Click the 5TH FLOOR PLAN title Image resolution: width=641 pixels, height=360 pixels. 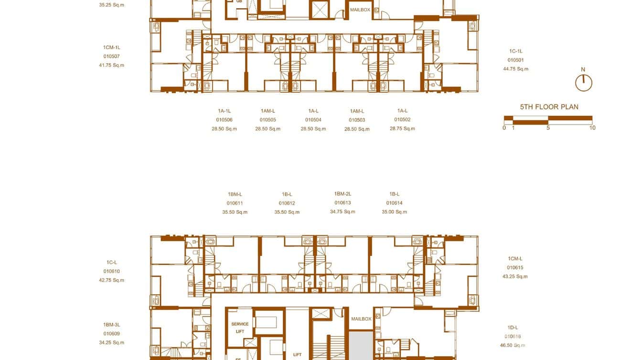(x=549, y=107)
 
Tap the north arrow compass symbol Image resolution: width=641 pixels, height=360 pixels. (x=583, y=83)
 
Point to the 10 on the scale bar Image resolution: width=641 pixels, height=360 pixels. (x=592, y=128)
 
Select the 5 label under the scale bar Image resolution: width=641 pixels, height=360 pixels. (x=548, y=128)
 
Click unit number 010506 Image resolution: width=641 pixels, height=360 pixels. (x=224, y=120)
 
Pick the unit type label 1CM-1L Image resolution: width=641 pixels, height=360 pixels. (x=111, y=48)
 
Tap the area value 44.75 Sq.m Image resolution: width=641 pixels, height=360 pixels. (x=516, y=69)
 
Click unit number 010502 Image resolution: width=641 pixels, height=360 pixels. (x=402, y=120)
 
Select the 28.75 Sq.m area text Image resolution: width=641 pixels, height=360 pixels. (x=402, y=128)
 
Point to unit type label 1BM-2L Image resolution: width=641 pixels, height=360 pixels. (x=342, y=194)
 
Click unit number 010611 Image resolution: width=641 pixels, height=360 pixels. (x=235, y=203)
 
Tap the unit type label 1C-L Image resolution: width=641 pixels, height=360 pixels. (x=111, y=263)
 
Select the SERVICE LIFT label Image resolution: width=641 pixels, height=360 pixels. (x=240, y=328)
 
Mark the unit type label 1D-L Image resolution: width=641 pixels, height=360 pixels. (x=513, y=328)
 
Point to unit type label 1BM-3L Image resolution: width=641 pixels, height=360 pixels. (x=111, y=325)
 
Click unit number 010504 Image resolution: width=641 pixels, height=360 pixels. (x=313, y=120)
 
